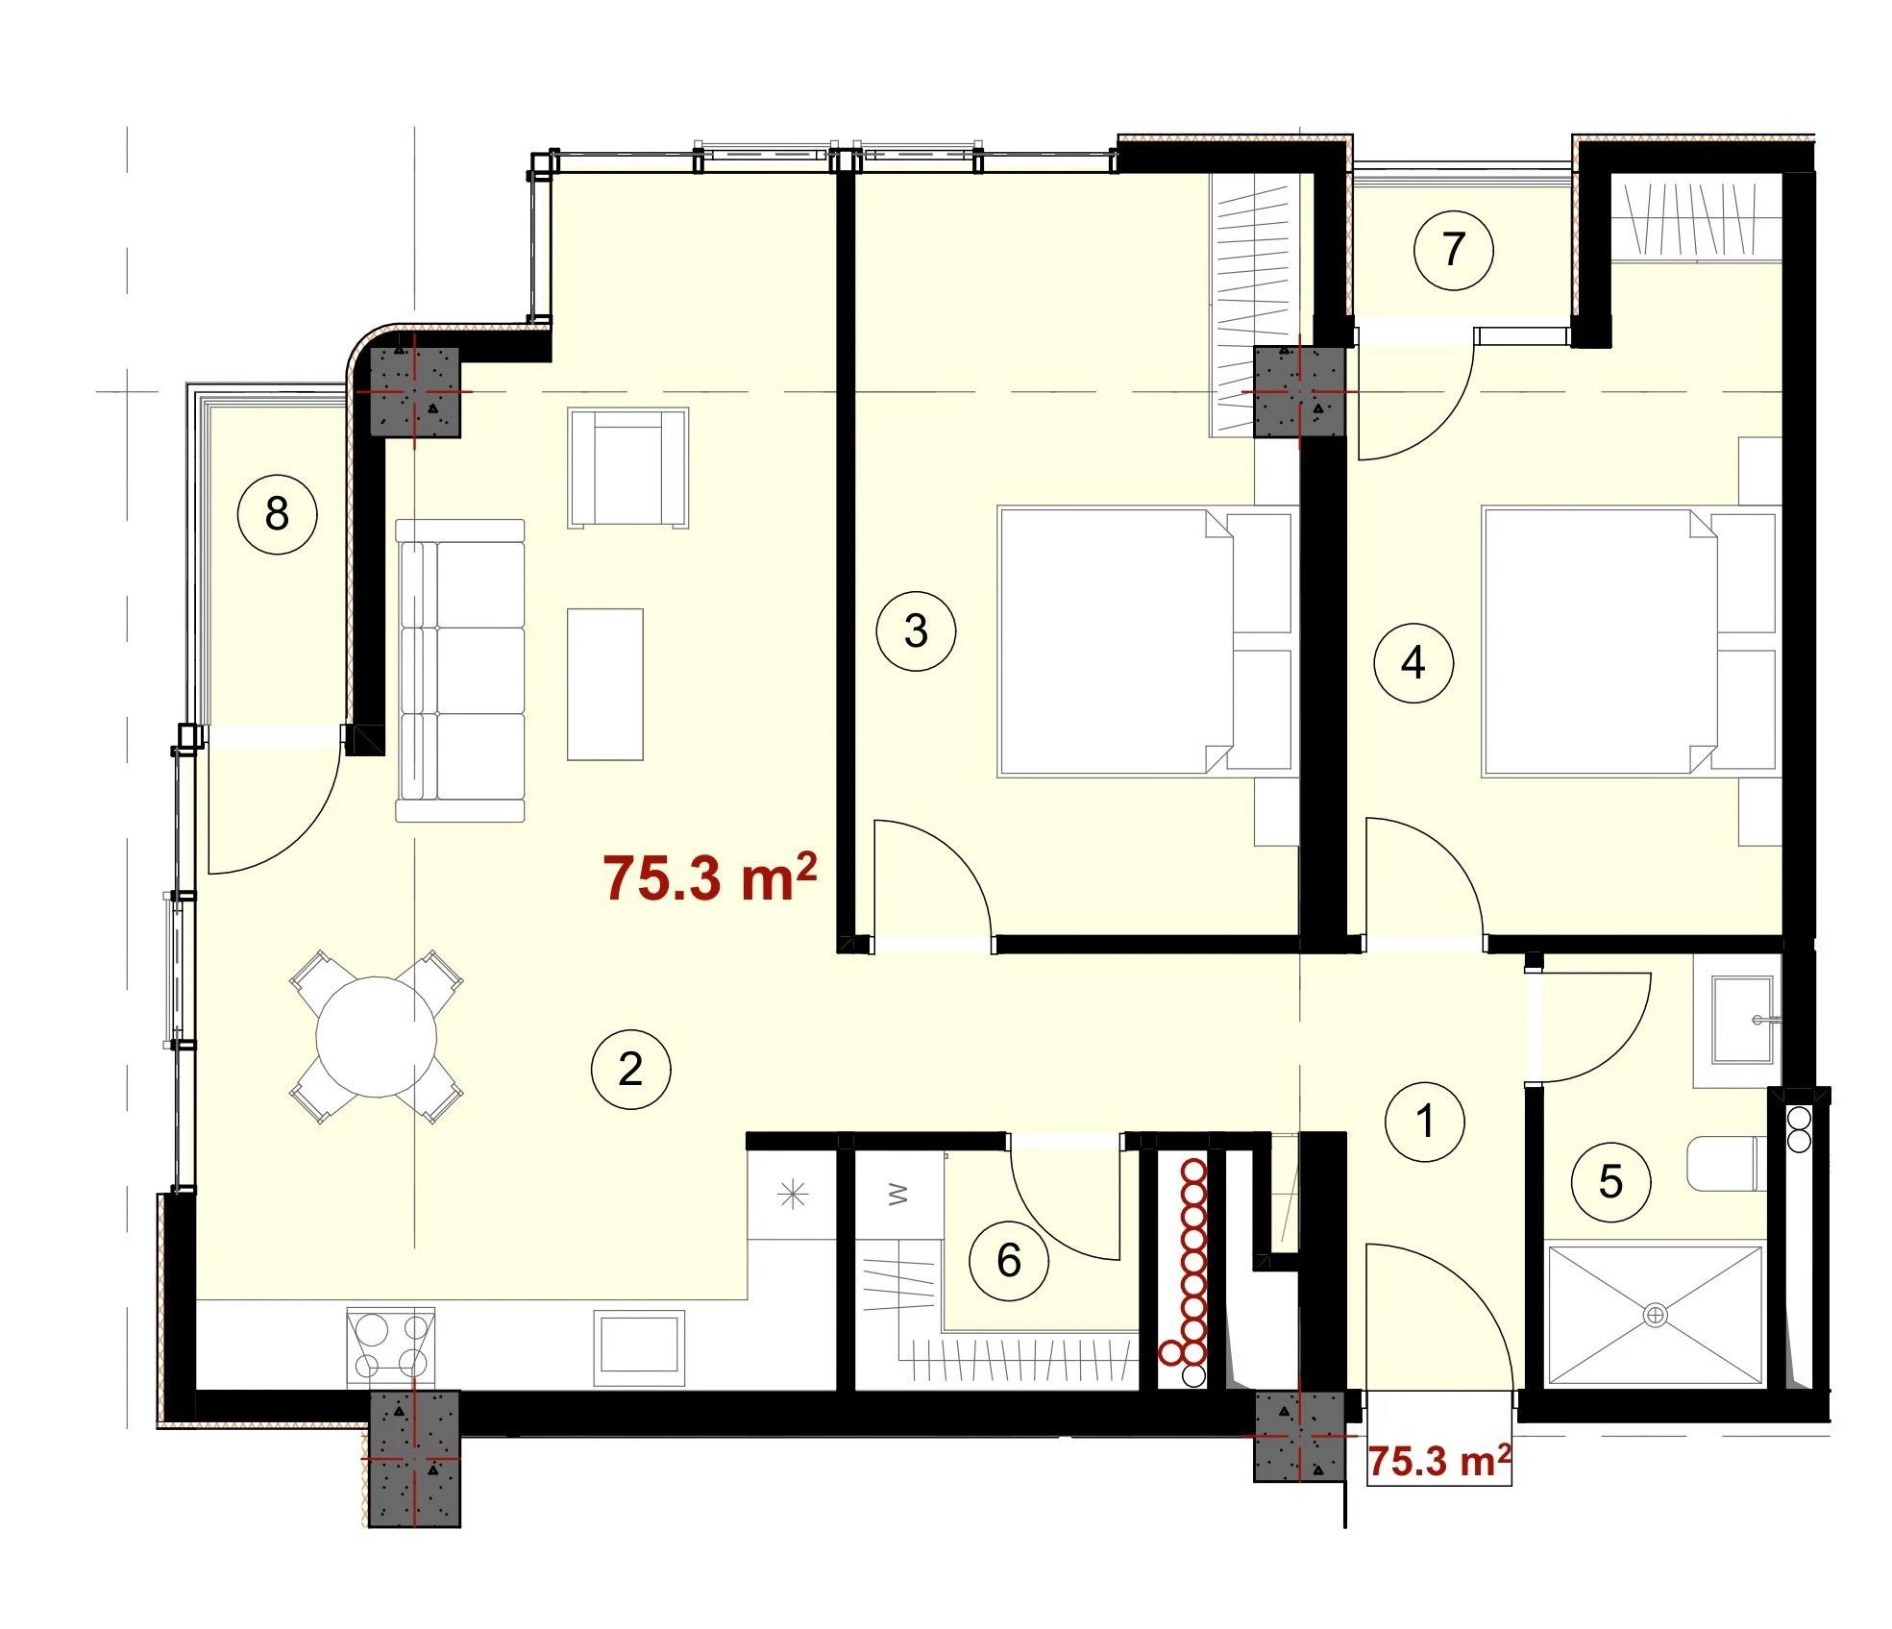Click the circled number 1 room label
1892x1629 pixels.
(1424, 1121)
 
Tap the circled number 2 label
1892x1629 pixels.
(630, 1069)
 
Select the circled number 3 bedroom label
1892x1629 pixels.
(916, 630)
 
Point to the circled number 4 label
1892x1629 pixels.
(1413, 662)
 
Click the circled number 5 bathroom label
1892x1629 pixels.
(1610, 1181)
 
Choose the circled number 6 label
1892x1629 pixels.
(1008, 1260)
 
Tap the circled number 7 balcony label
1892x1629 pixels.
(1453, 250)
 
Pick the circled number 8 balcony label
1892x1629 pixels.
(277, 513)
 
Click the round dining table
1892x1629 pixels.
(377, 1037)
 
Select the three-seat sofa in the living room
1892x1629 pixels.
(460, 671)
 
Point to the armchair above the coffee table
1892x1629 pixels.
(628, 468)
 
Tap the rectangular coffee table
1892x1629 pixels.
(604, 684)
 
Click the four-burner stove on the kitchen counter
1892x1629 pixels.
(391, 1345)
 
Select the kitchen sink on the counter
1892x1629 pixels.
(639, 1346)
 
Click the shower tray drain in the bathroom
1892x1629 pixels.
(1655, 1314)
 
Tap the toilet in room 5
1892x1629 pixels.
(1727, 1163)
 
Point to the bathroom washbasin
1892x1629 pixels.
(1742, 1020)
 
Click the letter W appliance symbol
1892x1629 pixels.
(897, 1195)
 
